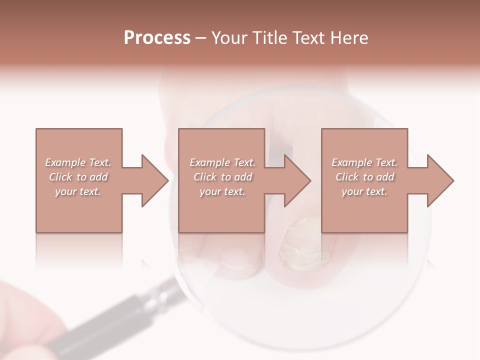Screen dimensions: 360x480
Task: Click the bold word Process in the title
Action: tap(157, 38)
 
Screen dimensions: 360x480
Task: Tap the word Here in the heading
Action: tap(349, 38)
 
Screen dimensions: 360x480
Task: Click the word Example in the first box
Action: tap(65, 162)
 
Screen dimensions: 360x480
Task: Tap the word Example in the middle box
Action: tap(210, 162)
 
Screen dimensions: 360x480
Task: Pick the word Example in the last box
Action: tap(352, 162)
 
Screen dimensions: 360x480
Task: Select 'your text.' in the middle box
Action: tap(222, 191)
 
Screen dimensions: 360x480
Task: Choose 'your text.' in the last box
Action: tap(364, 191)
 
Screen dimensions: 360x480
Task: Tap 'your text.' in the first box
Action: tap(77, 191)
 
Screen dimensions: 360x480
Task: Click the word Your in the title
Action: tap(227, 38)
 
